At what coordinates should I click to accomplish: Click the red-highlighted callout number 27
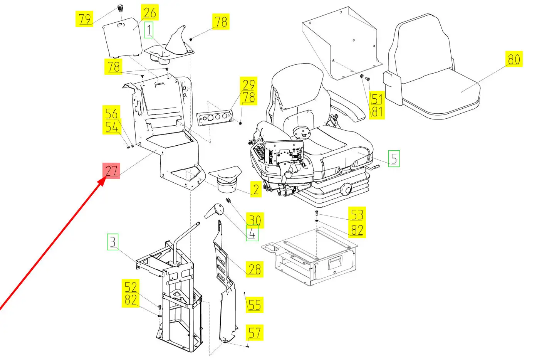[x=111, y=170]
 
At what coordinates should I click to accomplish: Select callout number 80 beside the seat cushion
[x=514, y=59]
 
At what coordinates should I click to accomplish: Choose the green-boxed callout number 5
[x=393, y=158]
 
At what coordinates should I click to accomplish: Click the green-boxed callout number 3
[x=112, y=242]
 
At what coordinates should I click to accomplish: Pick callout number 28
[x=255, y=269]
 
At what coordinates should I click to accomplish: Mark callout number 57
[x=254, y=332]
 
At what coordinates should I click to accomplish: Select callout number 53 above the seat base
[x=357, y=214]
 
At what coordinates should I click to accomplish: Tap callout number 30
[x=254, y=220]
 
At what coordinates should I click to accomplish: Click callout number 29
[x=248, y=84]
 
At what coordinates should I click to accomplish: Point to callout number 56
[x=112, y=113]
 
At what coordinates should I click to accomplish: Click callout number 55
[x=254, y=304]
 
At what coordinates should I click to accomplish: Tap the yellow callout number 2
[x=256, y=189]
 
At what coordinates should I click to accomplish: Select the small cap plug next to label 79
[x=120, y=8]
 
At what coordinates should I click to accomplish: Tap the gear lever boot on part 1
[x=178, y=40]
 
